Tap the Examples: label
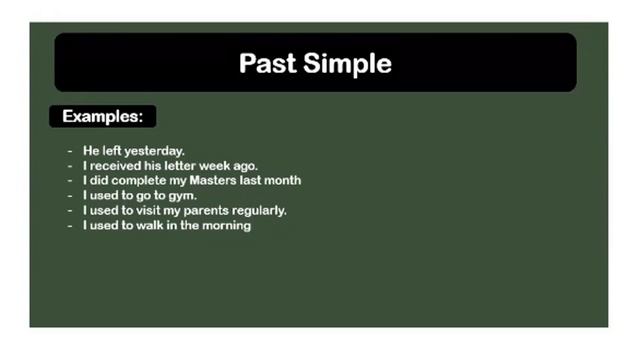(102, 116)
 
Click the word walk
(149, 226)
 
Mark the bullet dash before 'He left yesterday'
(70, 151)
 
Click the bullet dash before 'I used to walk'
(70, 226)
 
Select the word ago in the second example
(245, 166)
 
